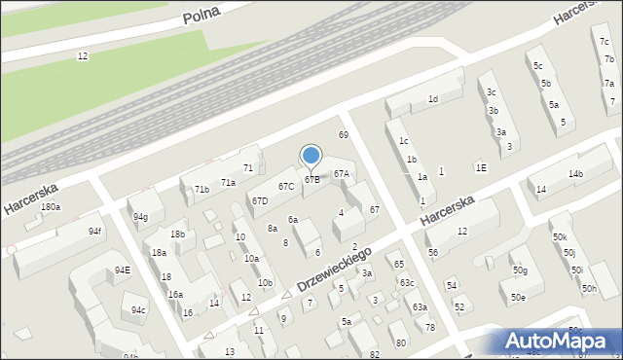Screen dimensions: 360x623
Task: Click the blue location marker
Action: click(311, 155)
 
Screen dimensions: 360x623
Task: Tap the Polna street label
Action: click(202, 13)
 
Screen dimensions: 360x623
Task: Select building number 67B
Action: click(311, 179)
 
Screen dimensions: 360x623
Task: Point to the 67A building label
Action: click(341, 174)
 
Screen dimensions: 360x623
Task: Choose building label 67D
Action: click(260, 201)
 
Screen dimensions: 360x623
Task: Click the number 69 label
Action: click(343, 134)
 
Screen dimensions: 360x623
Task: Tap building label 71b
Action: click(202, 189)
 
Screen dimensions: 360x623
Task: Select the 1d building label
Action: click(433, 99)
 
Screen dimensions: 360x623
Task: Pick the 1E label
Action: click(481, 167)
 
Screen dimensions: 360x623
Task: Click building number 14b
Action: click(575, 174)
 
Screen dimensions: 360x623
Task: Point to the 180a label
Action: click(51, 207)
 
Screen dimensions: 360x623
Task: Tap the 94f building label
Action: click(94, 232)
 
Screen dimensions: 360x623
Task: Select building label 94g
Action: click(141, 217)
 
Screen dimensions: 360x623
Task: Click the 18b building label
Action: click(177, 234)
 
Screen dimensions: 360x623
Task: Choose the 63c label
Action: click(406, 283)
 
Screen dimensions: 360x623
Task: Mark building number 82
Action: click(375, 354)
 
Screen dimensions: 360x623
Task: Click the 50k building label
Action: click(559, 237)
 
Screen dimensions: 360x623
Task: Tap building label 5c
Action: click(537, 66)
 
